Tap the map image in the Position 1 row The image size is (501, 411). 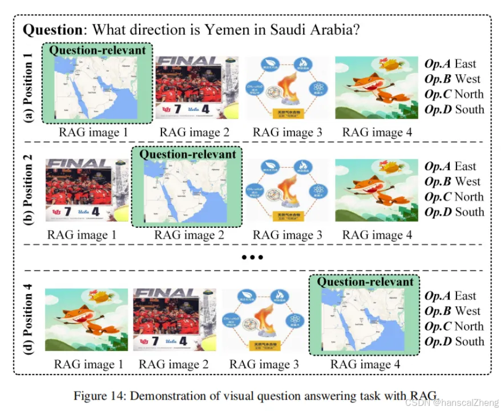click(x=98, y=88)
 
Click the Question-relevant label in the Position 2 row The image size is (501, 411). click(x=187, y=154)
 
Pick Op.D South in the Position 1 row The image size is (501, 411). click(x=454, y=110)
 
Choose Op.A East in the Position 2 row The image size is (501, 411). click(x=450, y=167)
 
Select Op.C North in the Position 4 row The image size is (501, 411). click(x=454, y=327)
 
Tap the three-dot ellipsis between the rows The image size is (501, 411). click(x=251, y=257)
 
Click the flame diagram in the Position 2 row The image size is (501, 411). click(x=287, y=191)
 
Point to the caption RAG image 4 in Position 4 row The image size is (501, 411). click(x=365, y=364)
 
